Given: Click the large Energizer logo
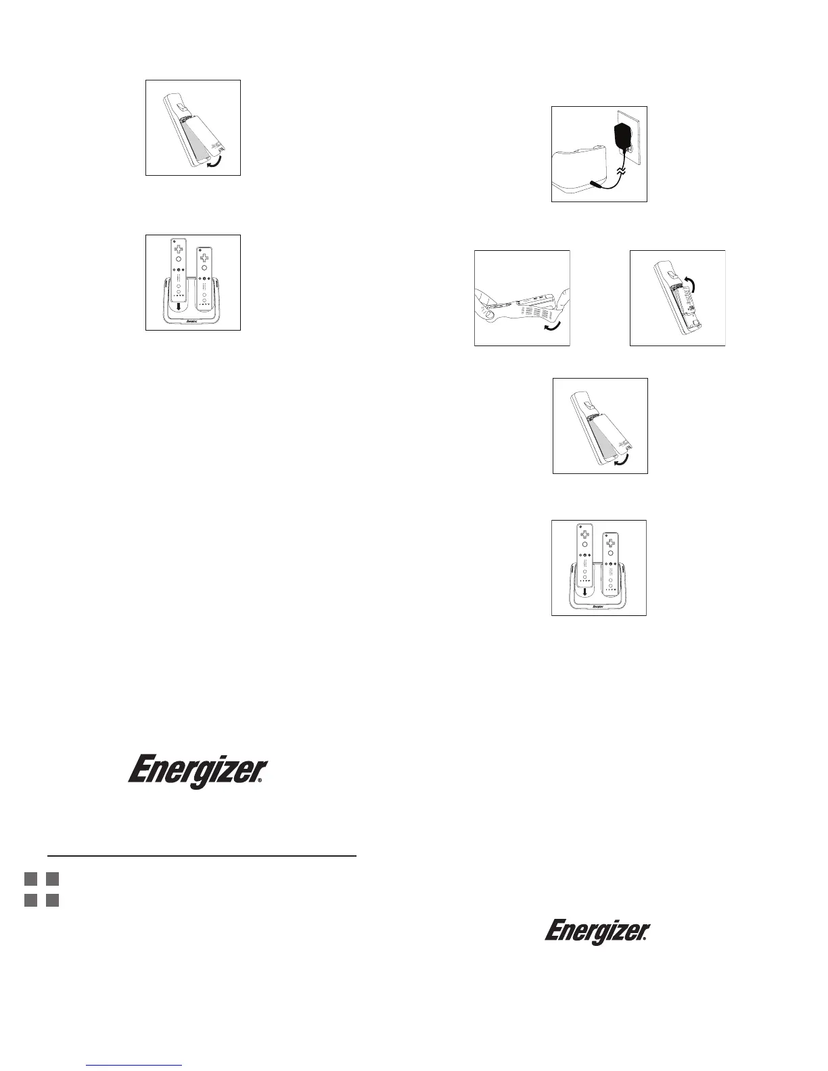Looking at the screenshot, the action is click(198, 772).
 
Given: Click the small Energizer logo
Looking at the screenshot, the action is click(597, 932).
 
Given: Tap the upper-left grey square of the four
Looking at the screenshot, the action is click(30, 879).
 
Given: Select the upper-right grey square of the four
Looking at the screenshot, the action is click(53, 879).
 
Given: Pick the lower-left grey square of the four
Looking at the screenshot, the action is click(30, 901).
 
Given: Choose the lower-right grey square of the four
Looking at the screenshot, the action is click(53, 901).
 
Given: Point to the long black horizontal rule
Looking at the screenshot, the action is click(202, 856).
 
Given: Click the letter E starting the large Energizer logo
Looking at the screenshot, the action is click(141, 772).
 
